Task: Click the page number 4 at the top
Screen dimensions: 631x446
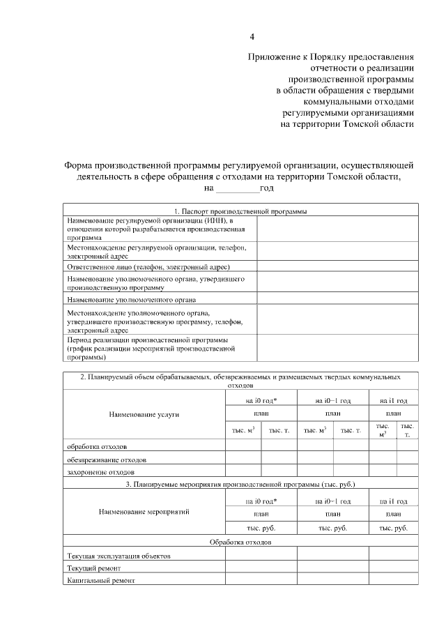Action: pos(252,36)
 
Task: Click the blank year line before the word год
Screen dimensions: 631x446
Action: pos(237,188)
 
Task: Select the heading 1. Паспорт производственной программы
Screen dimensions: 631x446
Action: pos(240,211)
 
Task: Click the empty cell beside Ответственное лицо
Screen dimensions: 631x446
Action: pos(337,267)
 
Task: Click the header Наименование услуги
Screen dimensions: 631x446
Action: pos(144,414)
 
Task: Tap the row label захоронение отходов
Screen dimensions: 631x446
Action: pos(100,472)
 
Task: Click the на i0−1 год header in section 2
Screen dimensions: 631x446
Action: pos(332,400)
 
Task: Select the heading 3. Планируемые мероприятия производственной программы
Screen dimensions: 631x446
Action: pos(240,483)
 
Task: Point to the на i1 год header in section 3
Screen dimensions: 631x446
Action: pos(393,501)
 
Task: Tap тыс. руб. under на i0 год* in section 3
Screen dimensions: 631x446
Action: pos(261,528)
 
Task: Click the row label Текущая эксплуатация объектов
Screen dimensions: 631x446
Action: pos(118,556)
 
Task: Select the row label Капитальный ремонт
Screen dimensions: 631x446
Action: pos(100,579)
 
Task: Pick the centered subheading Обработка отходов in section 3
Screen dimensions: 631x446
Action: pos(240,542)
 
